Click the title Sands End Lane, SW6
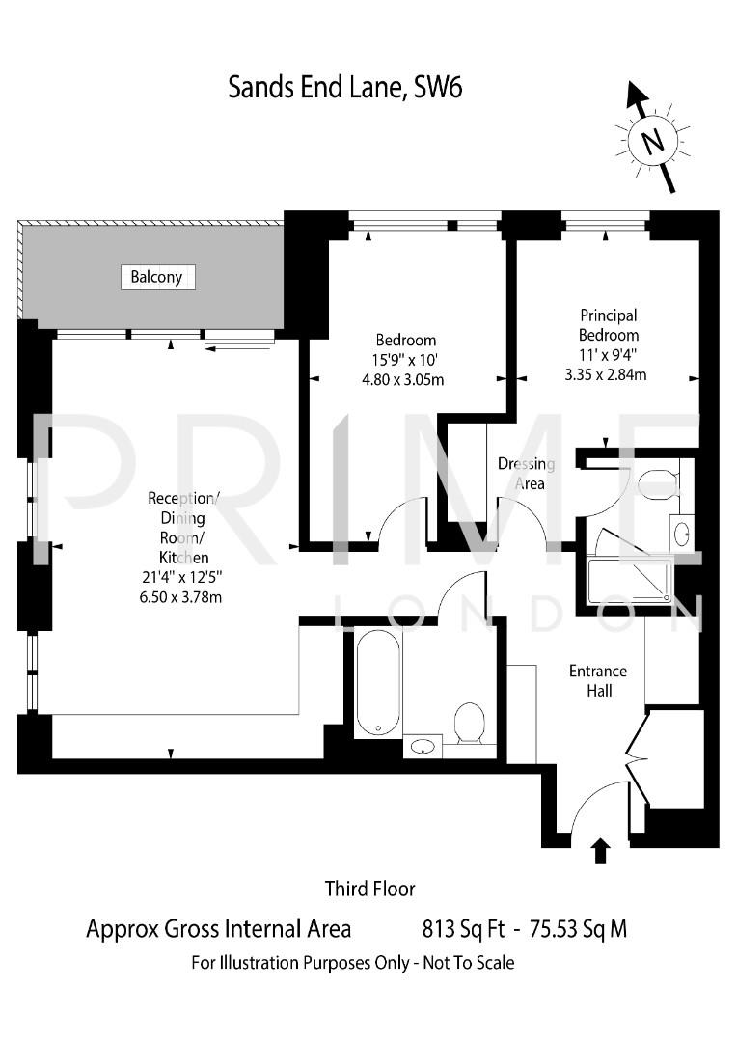coord(345,88)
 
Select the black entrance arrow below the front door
coord(600,850)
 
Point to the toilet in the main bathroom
coord(469,723)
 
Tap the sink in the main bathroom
coord(423,745)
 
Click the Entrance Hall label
coord(597,680)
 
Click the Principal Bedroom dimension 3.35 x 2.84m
coord(606,374)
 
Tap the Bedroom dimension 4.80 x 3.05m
coord(405,379)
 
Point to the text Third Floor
coord(369,888)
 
